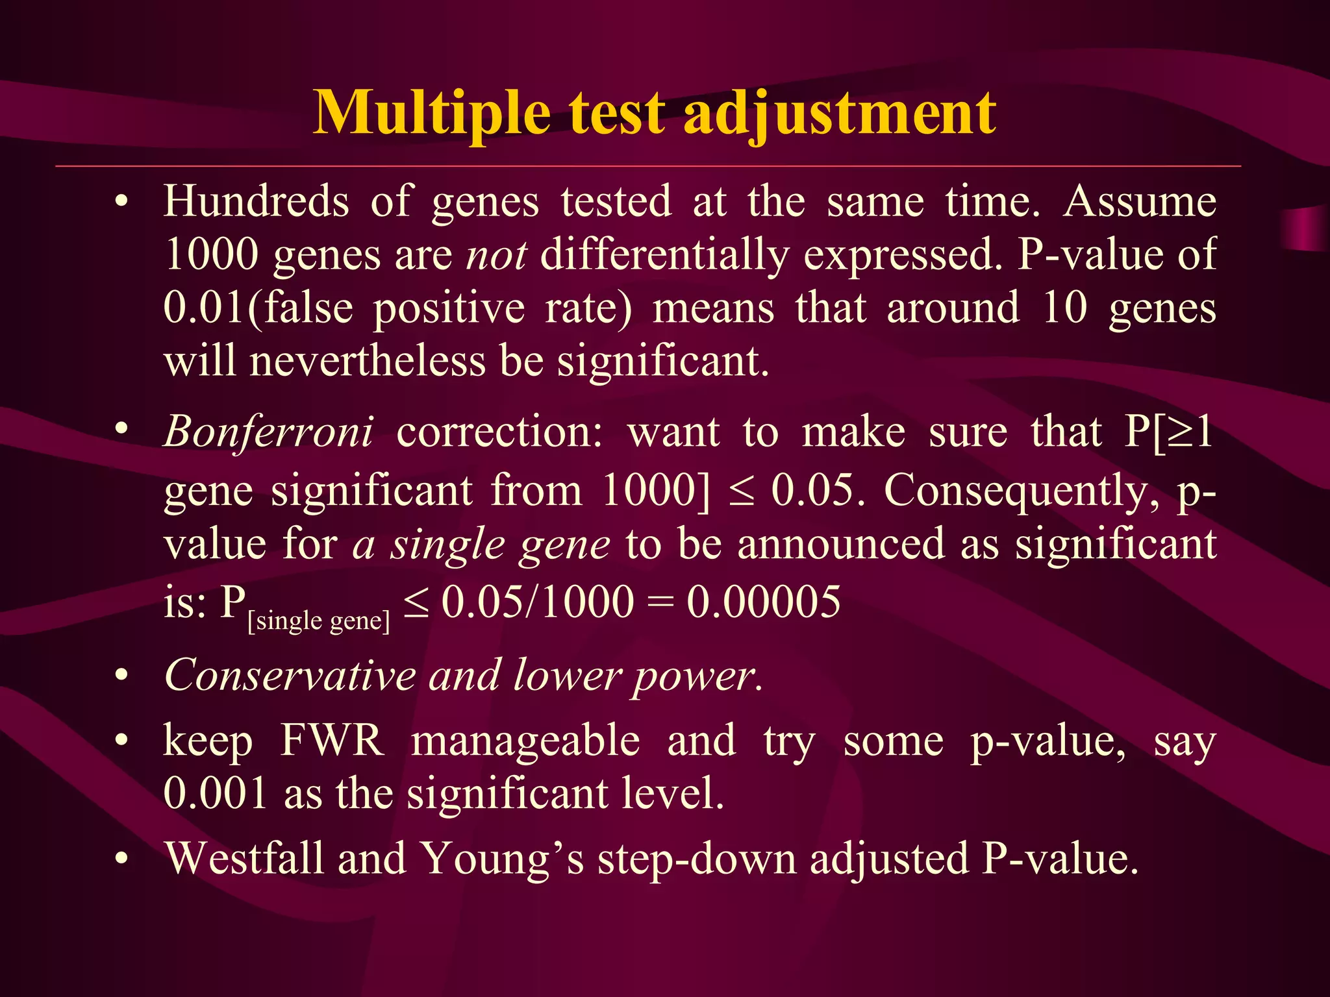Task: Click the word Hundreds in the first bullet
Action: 256,201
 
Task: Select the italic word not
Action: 496,254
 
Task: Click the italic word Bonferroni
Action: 268,432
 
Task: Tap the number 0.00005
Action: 763,601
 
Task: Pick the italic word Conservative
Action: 290,676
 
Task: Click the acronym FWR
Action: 332,740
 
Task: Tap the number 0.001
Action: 216,793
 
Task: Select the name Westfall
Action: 244,859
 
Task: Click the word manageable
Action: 525,740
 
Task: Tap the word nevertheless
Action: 368,361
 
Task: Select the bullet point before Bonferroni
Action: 121,429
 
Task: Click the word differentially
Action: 664,254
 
